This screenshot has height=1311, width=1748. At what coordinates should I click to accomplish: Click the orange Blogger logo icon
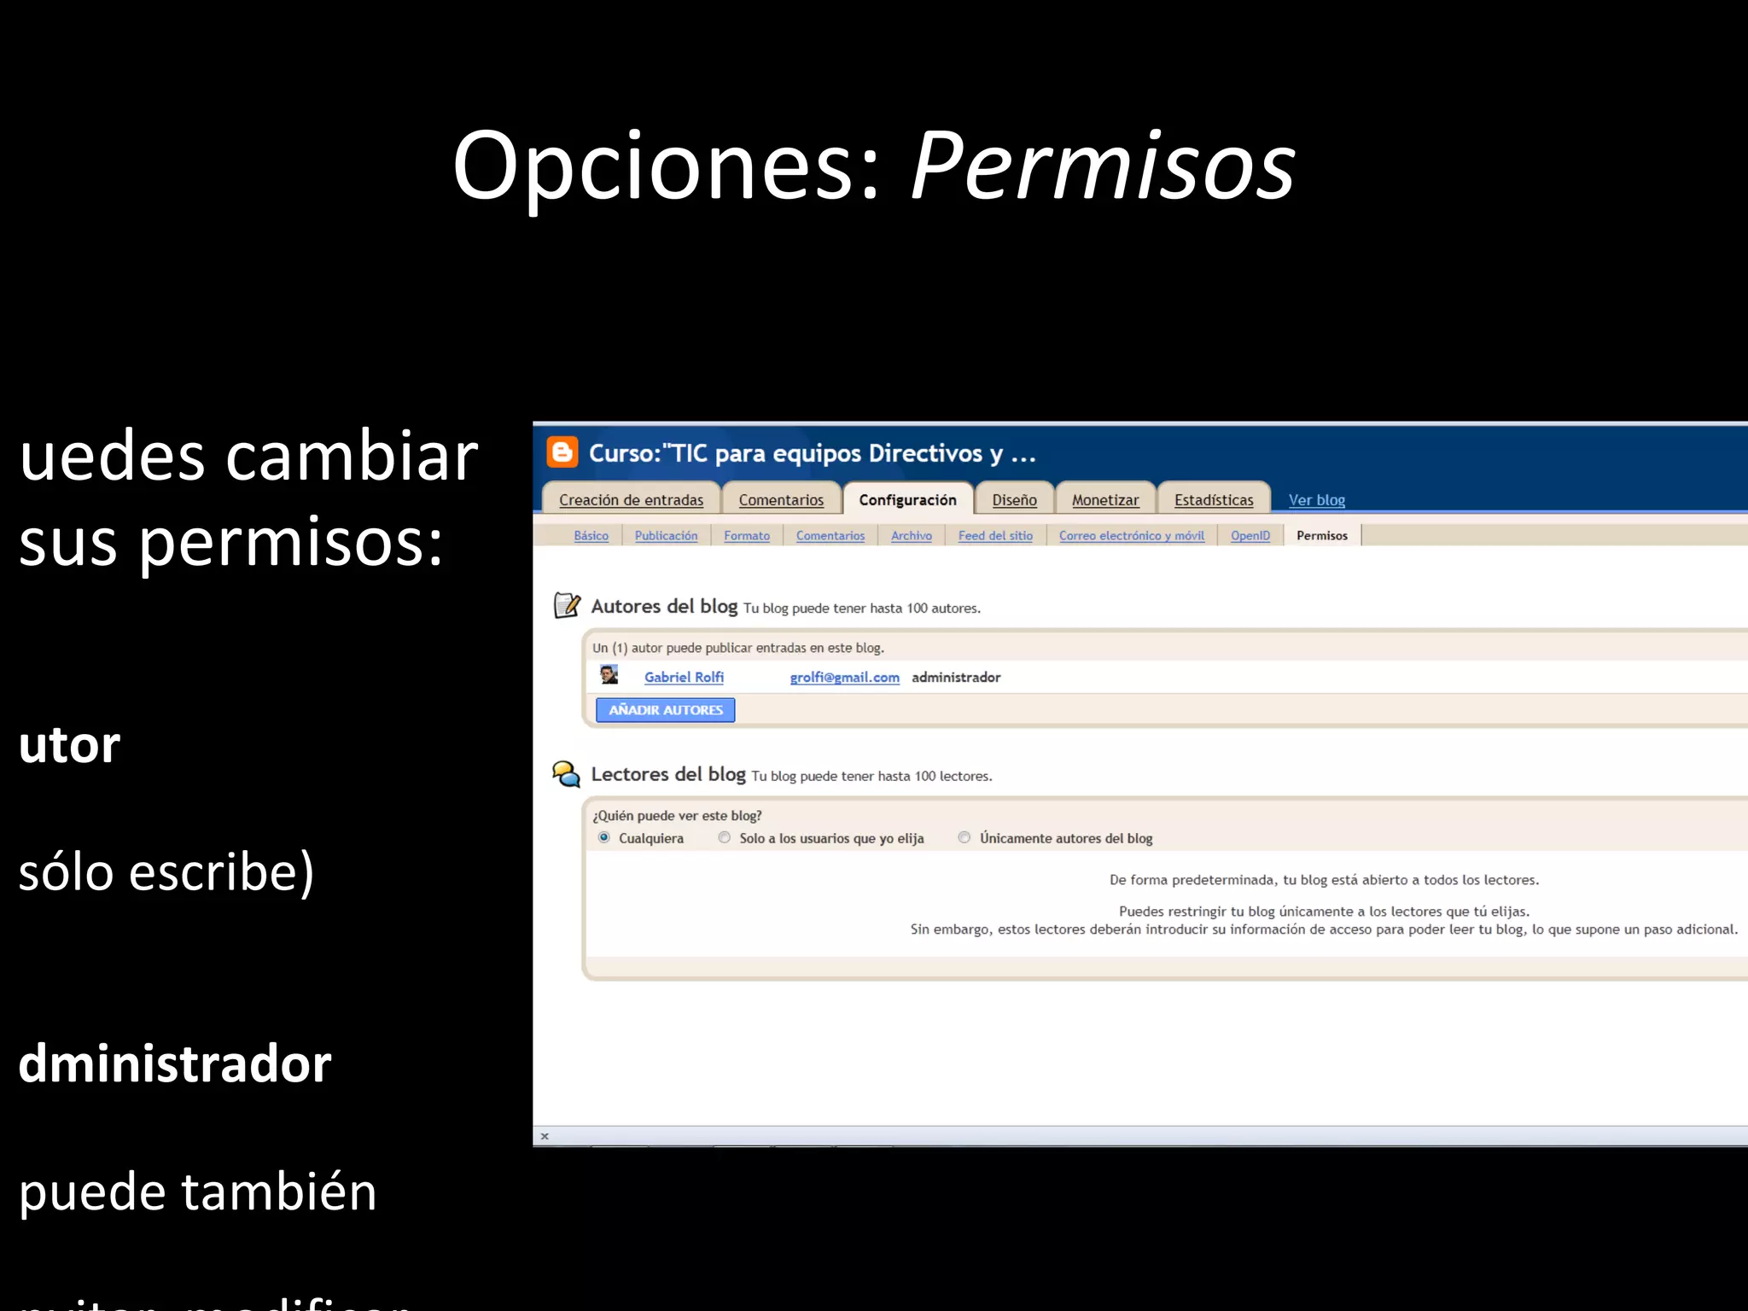click(562, 452)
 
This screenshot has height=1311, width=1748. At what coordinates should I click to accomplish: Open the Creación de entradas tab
click(631, 500)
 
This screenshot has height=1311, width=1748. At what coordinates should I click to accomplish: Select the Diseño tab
click(1014, 500)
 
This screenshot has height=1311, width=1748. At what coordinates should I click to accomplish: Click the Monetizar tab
click(1105, 500)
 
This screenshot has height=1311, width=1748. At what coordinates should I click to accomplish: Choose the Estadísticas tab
click(1213, 500)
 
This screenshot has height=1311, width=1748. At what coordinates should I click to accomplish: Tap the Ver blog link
click(1316, 500)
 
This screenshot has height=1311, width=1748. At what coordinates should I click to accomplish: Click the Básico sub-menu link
click(591, 536)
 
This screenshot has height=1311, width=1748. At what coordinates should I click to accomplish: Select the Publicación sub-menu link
click(666, 536)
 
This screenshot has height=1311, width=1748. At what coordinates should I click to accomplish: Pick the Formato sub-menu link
click(747, 536)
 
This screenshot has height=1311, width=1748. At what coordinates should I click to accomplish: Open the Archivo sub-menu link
click(912, 536)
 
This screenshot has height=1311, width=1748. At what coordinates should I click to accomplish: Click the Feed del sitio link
click(995, 536)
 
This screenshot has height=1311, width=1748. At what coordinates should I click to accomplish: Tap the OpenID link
click(1250, 536)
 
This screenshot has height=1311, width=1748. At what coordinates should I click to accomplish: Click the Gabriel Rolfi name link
click(684, 677)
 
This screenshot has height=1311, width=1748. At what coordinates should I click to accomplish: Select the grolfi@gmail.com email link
click(844, 677)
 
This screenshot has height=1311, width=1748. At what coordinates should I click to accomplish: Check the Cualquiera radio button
click(604, 837)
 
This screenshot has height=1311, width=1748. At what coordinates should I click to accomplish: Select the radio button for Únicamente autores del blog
click(964, 837)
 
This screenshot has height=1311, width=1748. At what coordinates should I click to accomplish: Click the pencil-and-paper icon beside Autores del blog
click(567, 605)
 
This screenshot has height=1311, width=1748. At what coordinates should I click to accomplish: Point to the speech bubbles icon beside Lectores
click(566, 774)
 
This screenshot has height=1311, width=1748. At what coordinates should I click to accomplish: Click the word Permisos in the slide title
click(1103, 166)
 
